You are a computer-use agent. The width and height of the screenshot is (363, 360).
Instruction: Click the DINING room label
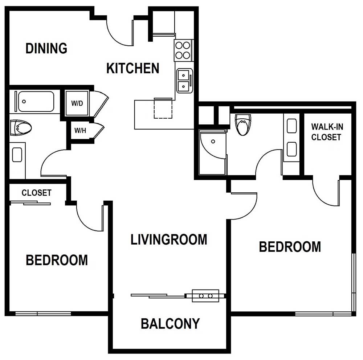click(46, 48)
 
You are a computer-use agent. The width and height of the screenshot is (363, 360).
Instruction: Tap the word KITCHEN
click(132, 68)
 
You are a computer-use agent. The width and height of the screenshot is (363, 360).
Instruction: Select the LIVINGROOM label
click(169, 240)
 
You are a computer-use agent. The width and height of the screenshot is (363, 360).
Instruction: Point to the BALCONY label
click(170, 323)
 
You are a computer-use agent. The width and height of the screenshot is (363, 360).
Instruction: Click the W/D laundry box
click(77, 103)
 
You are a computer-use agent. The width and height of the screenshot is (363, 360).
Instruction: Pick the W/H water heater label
click(80, 130)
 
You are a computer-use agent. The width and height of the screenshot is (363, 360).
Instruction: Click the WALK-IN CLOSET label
click(327, 132)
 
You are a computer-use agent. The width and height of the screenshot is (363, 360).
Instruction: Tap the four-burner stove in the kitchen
click(183, 50)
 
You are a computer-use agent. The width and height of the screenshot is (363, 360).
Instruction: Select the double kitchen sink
click(184, 81)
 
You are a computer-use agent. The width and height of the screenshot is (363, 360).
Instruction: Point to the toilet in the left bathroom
click(20, 128)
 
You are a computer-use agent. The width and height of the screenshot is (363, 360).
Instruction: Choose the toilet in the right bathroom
click(242, 124)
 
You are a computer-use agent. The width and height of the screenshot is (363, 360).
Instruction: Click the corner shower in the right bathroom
click(212, 152)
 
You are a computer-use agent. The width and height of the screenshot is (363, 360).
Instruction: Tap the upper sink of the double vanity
click(292, 126)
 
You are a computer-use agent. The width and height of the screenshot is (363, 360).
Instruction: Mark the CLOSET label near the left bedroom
click(36, 193)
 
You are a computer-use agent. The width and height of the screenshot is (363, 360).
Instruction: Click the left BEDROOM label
click(57, 260)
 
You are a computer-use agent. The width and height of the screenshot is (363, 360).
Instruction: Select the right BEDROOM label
click(290, 246)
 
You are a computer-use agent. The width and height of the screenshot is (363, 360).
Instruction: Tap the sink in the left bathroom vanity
click(17, 155)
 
